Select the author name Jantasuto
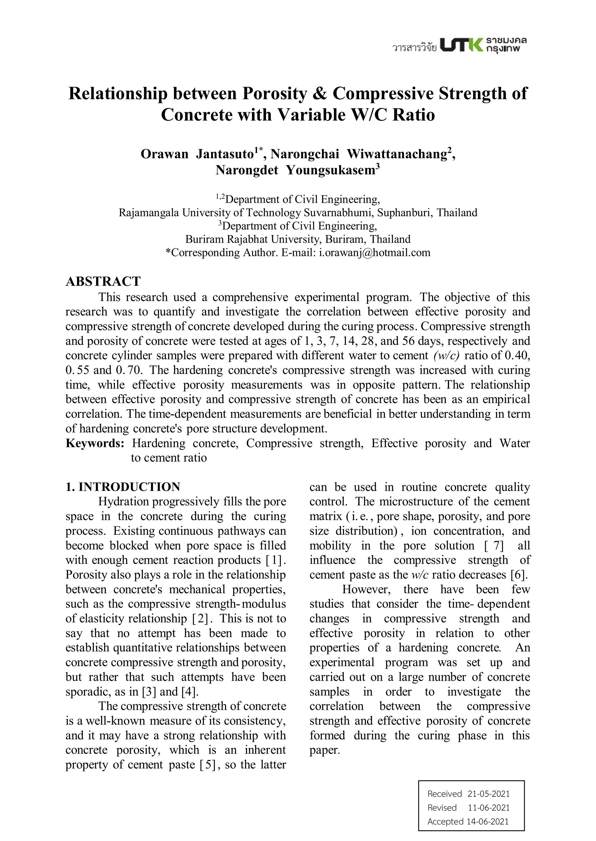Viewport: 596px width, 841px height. coord(225,154)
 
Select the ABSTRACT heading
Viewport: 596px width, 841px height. coord(103,281)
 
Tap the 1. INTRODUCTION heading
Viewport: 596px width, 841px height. coord(123,487)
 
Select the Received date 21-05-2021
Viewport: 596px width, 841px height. coord(489,794)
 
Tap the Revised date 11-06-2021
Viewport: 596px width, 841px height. coord(489,807)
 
